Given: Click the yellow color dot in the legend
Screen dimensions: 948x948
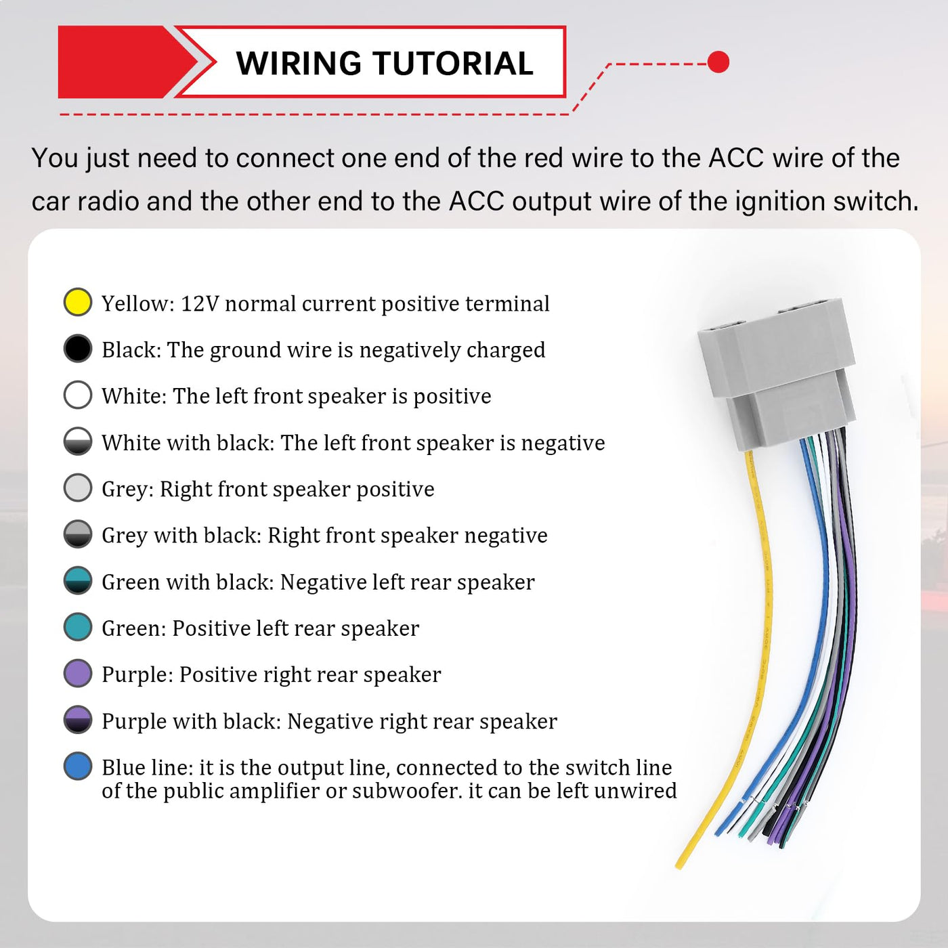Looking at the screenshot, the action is tap(78, 302).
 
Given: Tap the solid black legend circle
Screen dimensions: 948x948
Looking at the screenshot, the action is tap(78, 349).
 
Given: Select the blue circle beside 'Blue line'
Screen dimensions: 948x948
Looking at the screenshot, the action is tap(78, 766).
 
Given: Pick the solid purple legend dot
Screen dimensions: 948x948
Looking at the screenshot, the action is tap(78, 674).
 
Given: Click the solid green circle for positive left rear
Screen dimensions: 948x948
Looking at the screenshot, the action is tap(78, 627).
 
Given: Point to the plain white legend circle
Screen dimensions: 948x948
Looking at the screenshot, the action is tap(78, 395).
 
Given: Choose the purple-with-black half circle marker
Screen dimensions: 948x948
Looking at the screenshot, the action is tap(78, 720).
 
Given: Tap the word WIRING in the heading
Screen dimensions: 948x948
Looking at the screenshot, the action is tap(299, 64).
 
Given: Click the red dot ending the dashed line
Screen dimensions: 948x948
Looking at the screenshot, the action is tap(718, 62).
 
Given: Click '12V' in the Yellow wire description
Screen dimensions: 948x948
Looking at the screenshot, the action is tap(200, 303).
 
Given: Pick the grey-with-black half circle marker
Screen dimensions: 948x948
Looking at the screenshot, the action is tap(78, 534).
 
